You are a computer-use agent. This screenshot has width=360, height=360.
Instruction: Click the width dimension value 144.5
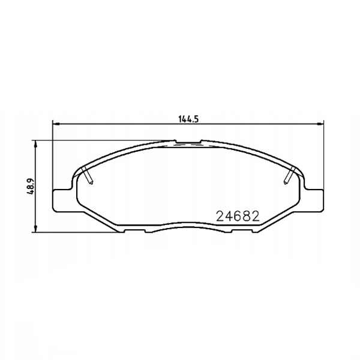click(x=188, y=119)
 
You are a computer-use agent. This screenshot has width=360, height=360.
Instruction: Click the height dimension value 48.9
click(x=31, y=186)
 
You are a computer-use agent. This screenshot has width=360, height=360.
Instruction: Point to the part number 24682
click(x=238, y=216)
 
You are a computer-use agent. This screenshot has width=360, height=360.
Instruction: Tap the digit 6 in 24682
click(x=238, y=216)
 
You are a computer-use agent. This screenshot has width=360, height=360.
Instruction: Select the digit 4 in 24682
click(x=229, y=216)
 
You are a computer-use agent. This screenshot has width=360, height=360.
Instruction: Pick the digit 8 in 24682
click(x=247, y=216)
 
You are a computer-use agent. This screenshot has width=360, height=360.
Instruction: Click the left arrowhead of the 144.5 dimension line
click(x=56, y=124)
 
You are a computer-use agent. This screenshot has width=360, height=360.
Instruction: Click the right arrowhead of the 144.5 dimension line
click(x=320, y=124)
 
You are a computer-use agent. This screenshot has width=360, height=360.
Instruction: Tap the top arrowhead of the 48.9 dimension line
click(x=35, y=144)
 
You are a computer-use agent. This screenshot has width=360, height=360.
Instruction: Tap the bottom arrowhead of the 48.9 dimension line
click(x=35, y=229)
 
